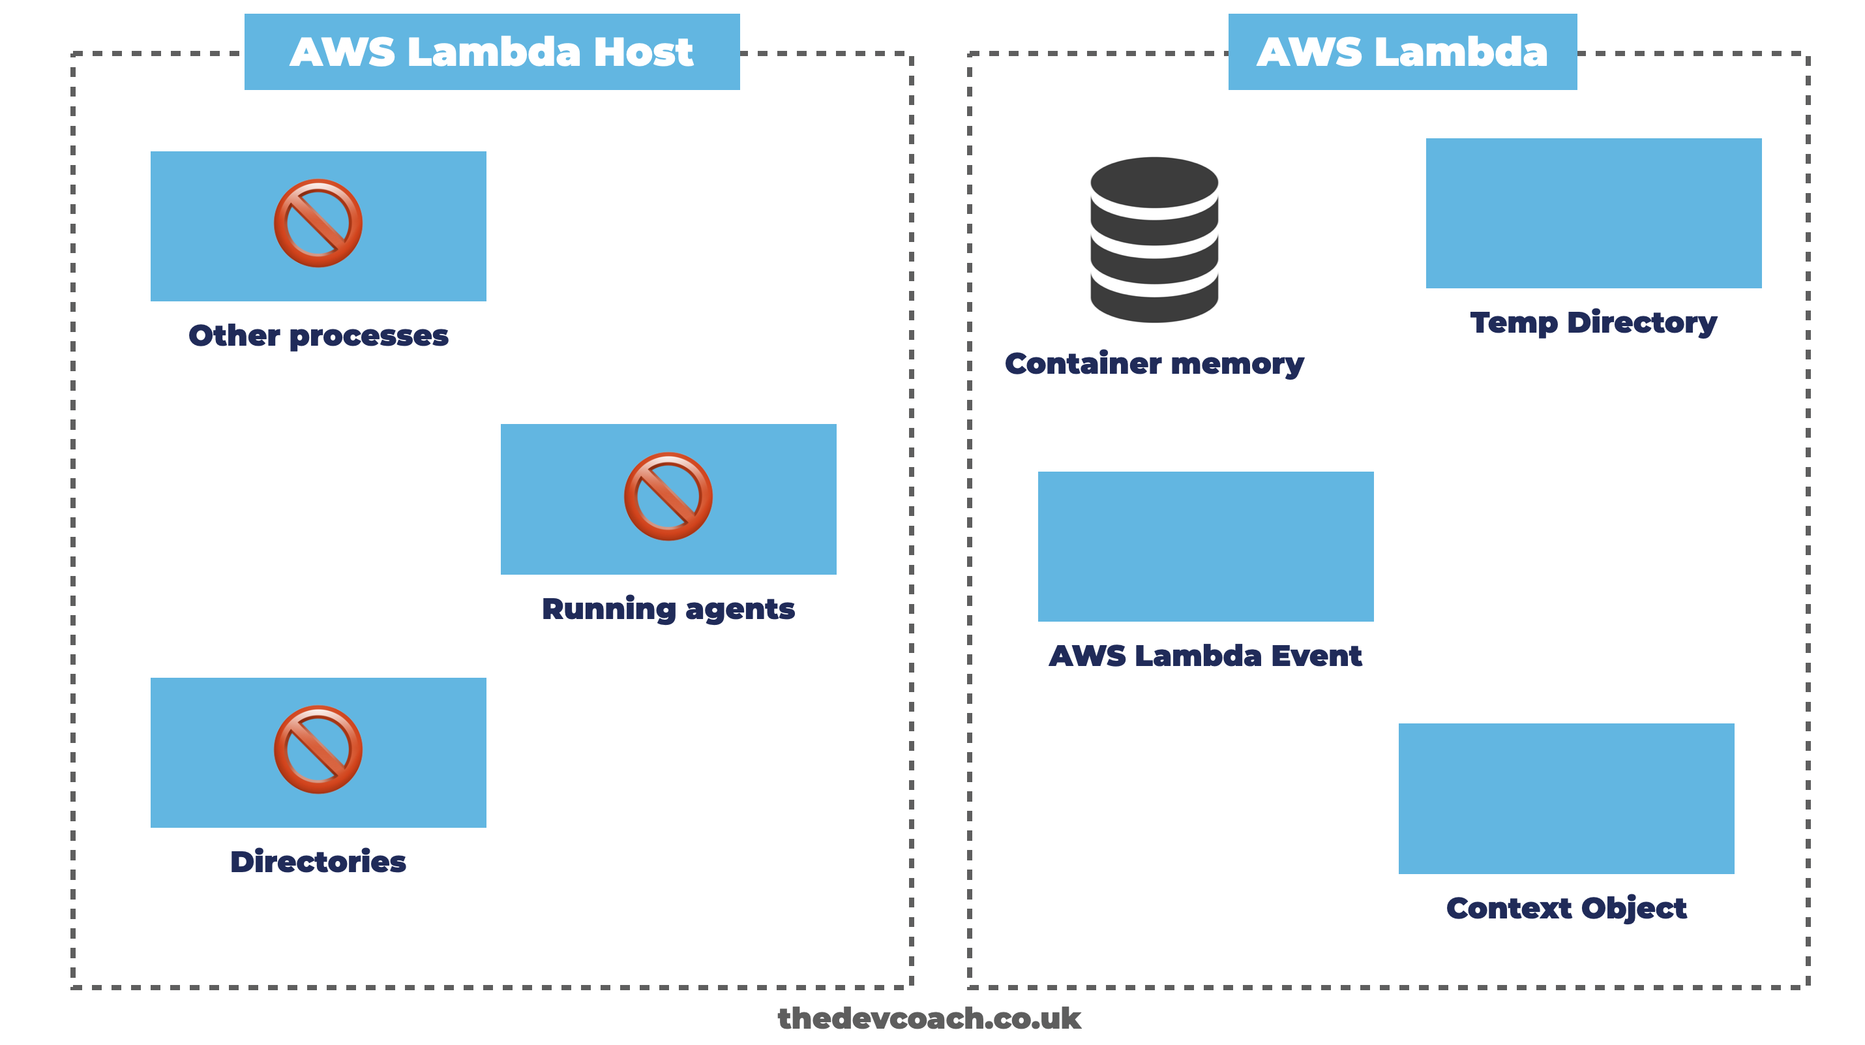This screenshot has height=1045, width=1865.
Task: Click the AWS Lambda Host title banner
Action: tap(492, 52)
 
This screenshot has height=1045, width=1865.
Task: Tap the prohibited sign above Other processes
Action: tap(318, 223)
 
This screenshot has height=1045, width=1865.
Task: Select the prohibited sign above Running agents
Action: tap(668, 497)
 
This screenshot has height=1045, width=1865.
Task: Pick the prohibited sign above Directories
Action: tap(318, 750)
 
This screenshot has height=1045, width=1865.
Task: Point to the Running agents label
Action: tap(668, 609)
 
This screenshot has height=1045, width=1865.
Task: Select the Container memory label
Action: tap(1154, 363)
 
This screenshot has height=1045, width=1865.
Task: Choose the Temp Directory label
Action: tap(1594, 323)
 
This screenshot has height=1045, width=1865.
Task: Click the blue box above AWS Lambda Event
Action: tap(1206, 546)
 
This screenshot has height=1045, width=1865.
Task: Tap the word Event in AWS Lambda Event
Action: tap(1316, 656)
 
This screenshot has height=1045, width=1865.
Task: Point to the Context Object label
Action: tap(1566, 908)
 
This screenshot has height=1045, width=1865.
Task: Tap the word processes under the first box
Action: tap(368, 336)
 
